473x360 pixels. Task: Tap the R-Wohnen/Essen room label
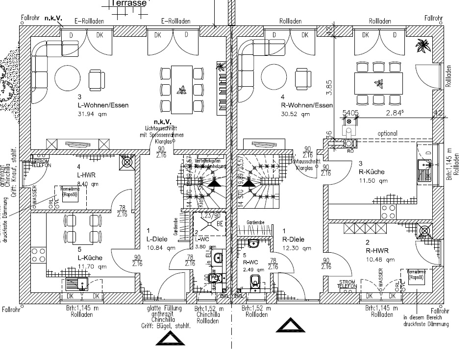(x=307, y=105)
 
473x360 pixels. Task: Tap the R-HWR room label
(x=377, y=251)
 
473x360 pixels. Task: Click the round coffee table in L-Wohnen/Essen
(x=68, y=77)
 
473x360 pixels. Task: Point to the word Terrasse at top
(x=128, y=3)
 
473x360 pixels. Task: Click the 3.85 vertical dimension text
(x=330, y=86)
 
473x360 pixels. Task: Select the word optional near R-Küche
(x=387, y=133)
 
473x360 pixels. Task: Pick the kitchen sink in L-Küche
(x=77, y=283)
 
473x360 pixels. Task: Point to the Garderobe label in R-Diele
(x=256, y=222)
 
